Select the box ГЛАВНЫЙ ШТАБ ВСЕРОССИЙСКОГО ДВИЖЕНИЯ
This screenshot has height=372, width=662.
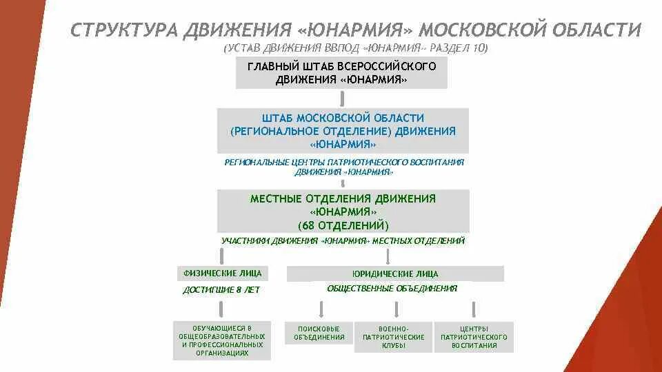click(x=341, y=73)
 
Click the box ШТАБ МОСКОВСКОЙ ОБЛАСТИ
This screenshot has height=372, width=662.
click(x=343, y=131)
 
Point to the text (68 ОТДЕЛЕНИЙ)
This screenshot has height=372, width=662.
click(x=343, y=225)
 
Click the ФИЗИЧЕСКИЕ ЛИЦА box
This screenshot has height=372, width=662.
click(x=221, y=273)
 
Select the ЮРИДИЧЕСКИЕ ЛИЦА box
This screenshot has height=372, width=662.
click(x=395, y=274)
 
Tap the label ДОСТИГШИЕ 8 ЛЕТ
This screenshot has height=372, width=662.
click(x=221, y=290)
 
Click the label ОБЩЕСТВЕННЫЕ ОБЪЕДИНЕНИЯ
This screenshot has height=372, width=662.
click(x=392, y=289)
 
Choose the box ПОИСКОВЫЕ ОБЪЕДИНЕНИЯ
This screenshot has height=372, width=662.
click(x=319, y=333)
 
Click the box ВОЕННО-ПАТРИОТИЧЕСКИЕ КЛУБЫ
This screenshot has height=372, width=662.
click(x=393, y=337)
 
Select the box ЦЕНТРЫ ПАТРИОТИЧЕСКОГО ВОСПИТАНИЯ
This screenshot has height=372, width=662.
click(x=474, y=337)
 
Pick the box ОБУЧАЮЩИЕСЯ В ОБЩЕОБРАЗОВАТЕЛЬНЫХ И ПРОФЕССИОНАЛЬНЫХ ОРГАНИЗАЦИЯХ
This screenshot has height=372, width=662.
click(x=221, y=340)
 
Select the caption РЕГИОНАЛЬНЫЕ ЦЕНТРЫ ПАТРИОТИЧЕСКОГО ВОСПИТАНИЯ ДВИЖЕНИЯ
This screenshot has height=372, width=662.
click(x=344, y=167)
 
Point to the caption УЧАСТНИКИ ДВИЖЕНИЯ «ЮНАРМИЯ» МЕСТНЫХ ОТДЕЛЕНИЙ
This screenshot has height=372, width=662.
click(x=343, y=241)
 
